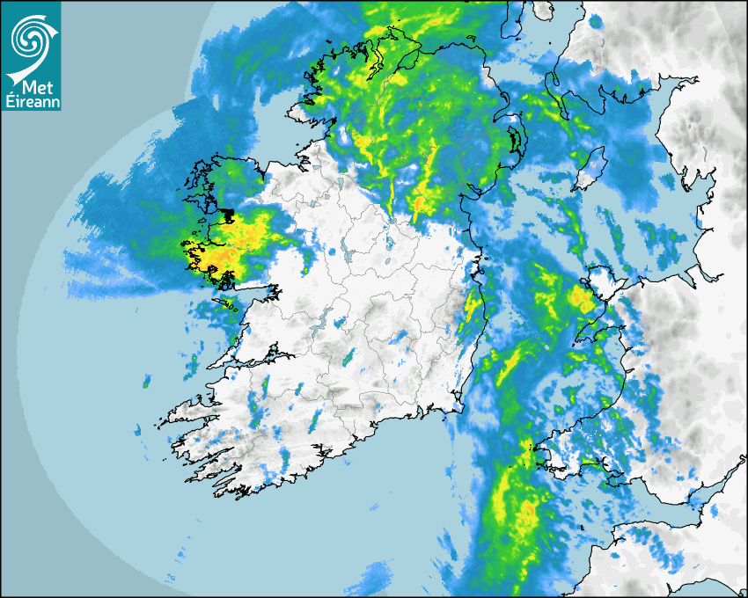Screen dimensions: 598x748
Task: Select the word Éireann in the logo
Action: [x=31, y=103]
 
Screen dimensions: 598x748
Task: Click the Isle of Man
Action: [x=589, y=167]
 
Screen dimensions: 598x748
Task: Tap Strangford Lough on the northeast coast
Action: [x=513, y=140]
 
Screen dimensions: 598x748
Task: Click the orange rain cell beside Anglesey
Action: [x=582, y=299]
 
